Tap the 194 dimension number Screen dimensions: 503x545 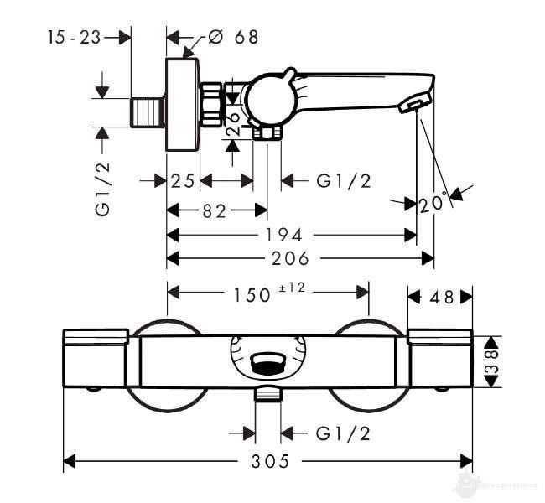(285, 235)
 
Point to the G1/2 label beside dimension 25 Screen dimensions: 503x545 (344, 180)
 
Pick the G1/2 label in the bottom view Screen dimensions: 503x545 (344, 433)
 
